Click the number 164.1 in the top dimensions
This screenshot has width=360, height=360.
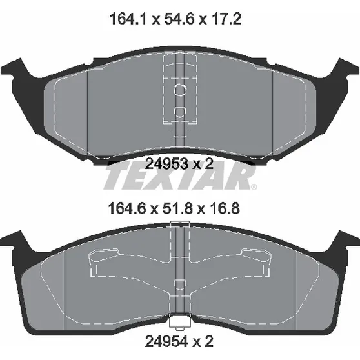128,19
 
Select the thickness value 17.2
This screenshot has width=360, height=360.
225,19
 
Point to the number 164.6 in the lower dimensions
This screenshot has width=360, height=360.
127,208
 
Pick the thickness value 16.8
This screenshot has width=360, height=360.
224,208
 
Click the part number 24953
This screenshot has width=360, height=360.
167,164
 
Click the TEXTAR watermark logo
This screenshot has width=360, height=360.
180,175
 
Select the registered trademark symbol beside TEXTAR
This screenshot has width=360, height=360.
254,186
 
